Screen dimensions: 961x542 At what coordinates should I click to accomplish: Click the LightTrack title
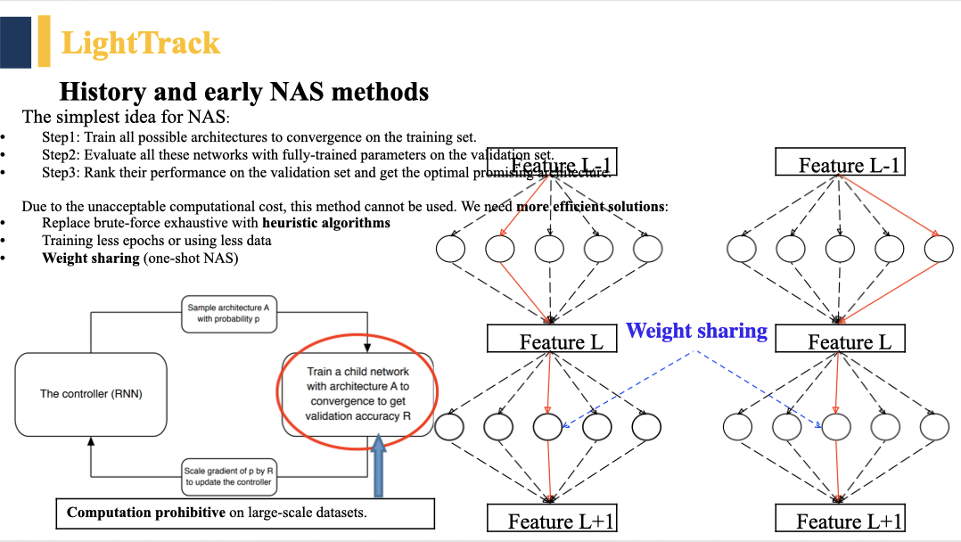coord(140,43)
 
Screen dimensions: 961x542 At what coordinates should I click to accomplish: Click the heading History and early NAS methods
coord(243,92)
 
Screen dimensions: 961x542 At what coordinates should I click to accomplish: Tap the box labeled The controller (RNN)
coord(91,393)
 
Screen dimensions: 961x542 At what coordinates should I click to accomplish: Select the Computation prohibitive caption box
coord(245,513)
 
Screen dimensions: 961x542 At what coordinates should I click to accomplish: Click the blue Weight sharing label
coord(696,331)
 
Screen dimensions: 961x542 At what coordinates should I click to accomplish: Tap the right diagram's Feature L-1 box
coord(841,164)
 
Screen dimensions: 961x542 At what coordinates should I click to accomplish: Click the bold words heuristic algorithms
coord(326,223)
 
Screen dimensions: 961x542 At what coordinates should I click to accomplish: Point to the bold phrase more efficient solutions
coord(591,206)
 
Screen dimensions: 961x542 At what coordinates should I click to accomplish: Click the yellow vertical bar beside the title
coord(44,42)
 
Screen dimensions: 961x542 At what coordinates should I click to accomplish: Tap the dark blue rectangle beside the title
coord(15,42)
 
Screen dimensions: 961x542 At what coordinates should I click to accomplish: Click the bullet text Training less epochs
coord(95,241)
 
